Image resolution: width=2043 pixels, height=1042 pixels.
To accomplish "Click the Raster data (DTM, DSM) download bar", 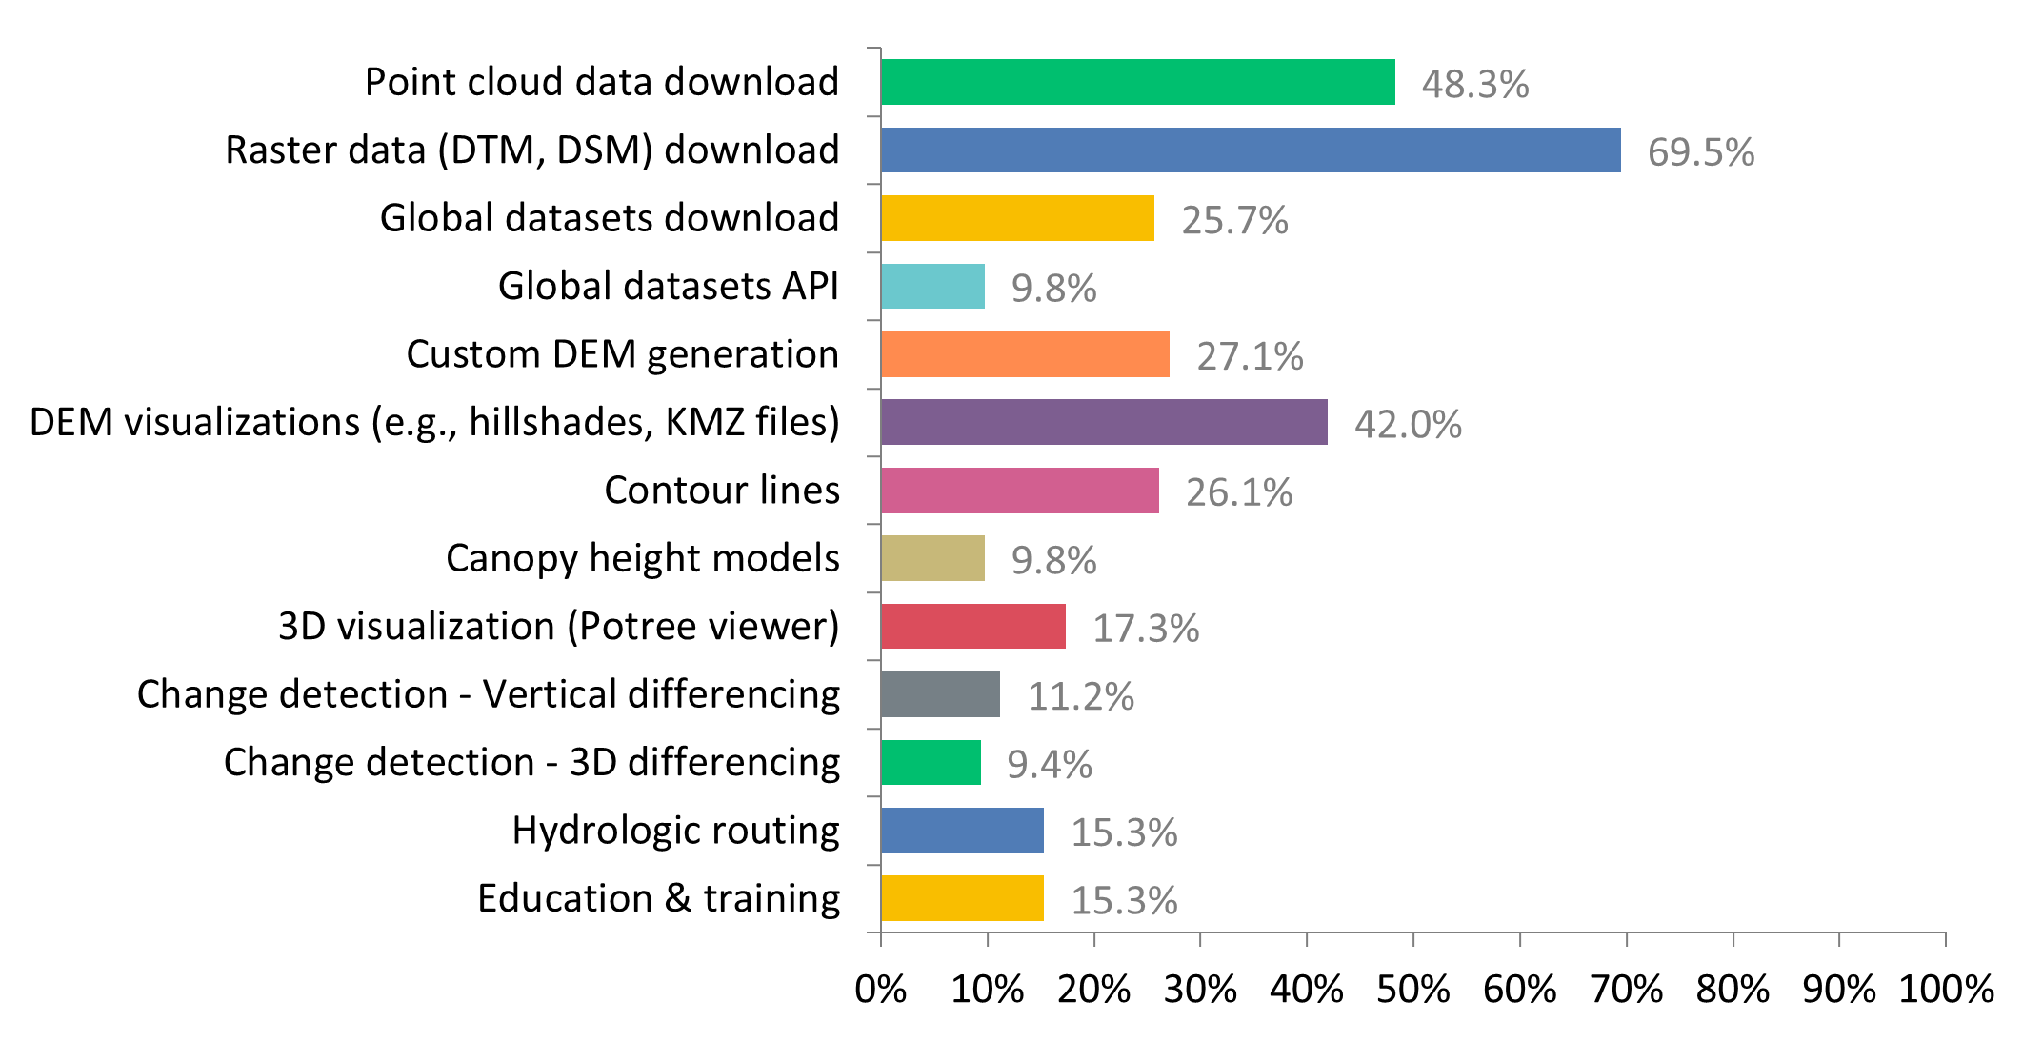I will tap(1251, 150).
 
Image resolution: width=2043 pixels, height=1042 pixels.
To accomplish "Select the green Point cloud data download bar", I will tap(1138, 82).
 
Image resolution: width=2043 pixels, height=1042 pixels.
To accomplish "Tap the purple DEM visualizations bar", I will tap(1104, 422).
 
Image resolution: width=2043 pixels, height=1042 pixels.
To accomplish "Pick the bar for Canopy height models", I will tap(932, 558).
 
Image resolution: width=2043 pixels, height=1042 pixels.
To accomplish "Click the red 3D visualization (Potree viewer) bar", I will tap(973, 626).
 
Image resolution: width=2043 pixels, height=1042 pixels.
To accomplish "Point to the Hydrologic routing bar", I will tap(962, 831).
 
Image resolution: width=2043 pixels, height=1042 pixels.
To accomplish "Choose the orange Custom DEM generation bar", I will tap(1025, 354).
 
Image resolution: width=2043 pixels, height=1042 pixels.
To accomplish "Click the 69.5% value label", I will tap(1701, 152).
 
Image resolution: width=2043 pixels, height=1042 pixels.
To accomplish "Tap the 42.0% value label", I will tap(1408, 425).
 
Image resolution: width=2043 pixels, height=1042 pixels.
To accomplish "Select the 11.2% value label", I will tap(1080, 697).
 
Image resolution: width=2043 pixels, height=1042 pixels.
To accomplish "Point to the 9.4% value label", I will tap(1050, 765).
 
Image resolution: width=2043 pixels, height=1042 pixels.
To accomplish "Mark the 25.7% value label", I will tap(1234, 221).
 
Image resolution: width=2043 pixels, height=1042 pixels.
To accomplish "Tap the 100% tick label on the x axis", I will tap(1946, 990).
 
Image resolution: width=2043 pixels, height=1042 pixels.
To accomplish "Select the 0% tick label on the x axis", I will tap(881, 990).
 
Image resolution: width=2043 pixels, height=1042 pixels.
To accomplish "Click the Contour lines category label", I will tap(722, 491).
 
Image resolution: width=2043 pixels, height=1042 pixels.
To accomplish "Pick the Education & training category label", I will tap(658, 898).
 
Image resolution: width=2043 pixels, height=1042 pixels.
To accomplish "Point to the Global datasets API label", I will tap(668, 286).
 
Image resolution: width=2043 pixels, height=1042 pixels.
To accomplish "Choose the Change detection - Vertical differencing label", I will tap(489, 694).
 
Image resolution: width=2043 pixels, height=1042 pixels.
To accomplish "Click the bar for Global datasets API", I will tap(932, 286).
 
